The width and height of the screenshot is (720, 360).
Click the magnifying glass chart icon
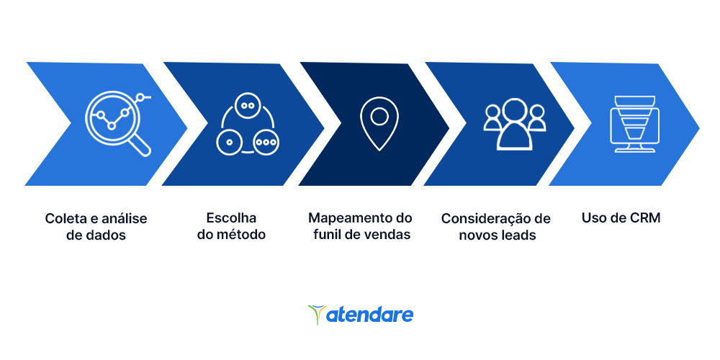point(117,124)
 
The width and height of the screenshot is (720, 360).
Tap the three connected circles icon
point(247,124)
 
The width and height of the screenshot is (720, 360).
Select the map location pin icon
point(379,123)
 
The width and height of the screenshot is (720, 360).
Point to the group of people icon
point(515,124)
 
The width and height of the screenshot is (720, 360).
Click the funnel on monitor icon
point(634,124)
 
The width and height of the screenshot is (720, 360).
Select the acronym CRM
point(644,217)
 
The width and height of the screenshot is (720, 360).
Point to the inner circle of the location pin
point(379,117)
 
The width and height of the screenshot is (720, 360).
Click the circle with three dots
point(266,142)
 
